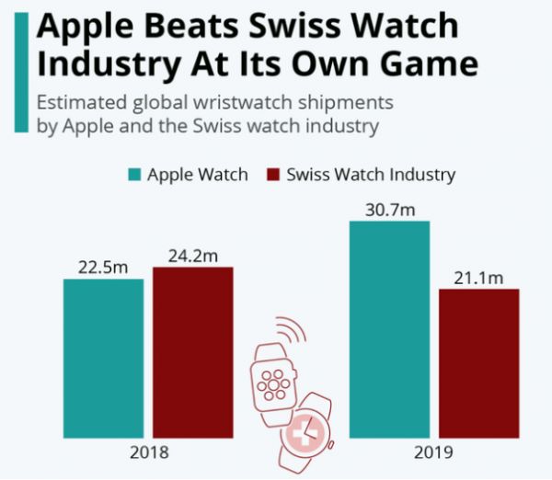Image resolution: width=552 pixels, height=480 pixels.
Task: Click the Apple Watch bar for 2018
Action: (103, 358)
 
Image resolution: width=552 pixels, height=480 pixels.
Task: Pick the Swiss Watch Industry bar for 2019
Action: (478, 362)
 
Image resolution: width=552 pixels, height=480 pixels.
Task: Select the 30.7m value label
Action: (390, 210)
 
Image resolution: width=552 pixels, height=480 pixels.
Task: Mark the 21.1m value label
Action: (479, 277)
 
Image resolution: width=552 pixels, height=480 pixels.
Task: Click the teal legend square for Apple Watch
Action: (133, 175)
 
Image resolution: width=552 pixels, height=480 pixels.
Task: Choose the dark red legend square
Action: (272, 175)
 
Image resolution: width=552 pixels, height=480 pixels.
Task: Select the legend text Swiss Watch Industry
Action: (371, 175)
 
